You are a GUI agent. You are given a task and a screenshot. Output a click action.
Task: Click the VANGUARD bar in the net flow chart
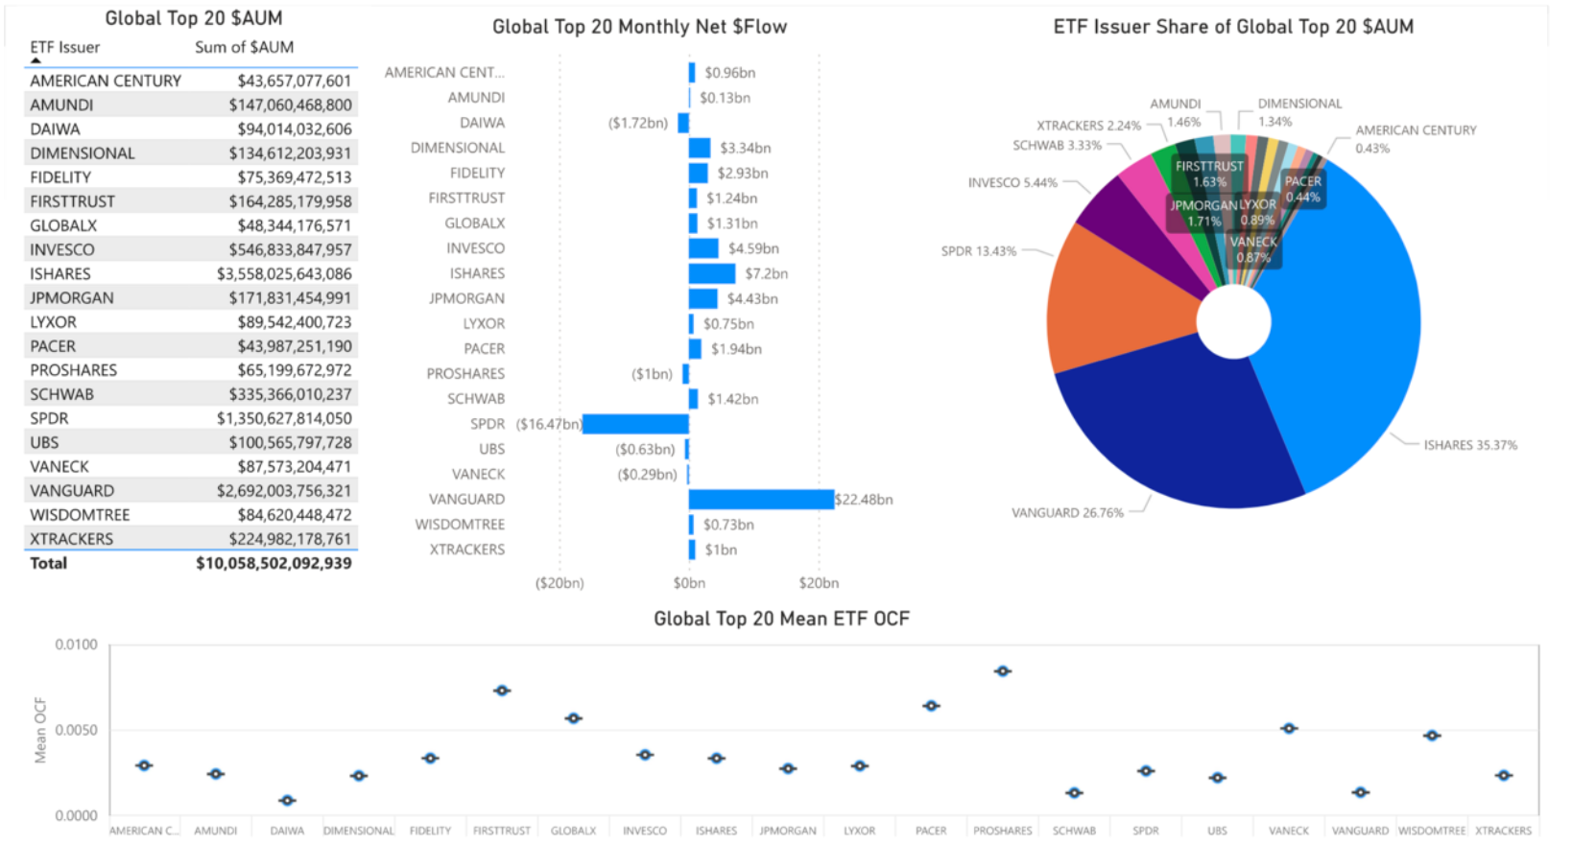(x=760, y=499)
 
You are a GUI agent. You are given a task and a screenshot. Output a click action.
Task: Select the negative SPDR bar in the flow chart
(x=635, y=424)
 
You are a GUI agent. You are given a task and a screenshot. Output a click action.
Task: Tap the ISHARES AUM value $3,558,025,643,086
(x=284, y=273)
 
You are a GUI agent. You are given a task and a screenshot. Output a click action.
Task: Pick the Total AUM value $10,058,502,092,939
(x=274, y=563)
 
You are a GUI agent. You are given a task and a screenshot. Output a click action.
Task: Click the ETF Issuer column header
(x=64, y=47)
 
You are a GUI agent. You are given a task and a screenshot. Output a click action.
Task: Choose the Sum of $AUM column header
(x=244, y=47)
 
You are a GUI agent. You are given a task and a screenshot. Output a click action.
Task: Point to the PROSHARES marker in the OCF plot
(x=1003, y=671)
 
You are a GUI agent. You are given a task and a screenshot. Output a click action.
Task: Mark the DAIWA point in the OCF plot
(x=287, y=800)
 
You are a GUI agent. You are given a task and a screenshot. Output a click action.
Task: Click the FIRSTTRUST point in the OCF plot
(x=502, y=691)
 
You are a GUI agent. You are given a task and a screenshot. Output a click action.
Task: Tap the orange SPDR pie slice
(x=1104, y=297)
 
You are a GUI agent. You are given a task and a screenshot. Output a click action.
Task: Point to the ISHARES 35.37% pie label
(x=1469, y=445)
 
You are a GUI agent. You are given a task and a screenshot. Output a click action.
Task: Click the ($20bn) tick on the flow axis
(x=560, y=583)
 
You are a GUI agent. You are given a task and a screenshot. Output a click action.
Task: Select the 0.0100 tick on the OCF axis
(x=76, y=645)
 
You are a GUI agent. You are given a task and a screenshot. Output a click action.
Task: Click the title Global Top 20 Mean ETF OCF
(x=781, y=619)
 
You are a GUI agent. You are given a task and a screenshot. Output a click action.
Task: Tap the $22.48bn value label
(x=864, y=500)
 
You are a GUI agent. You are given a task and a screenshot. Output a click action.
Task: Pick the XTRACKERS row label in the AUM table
(x=72, y=539)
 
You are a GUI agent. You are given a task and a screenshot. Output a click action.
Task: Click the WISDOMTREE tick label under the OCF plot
(x=1432, y=831)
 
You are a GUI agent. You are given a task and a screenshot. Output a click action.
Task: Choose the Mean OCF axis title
(x=40, y=731)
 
